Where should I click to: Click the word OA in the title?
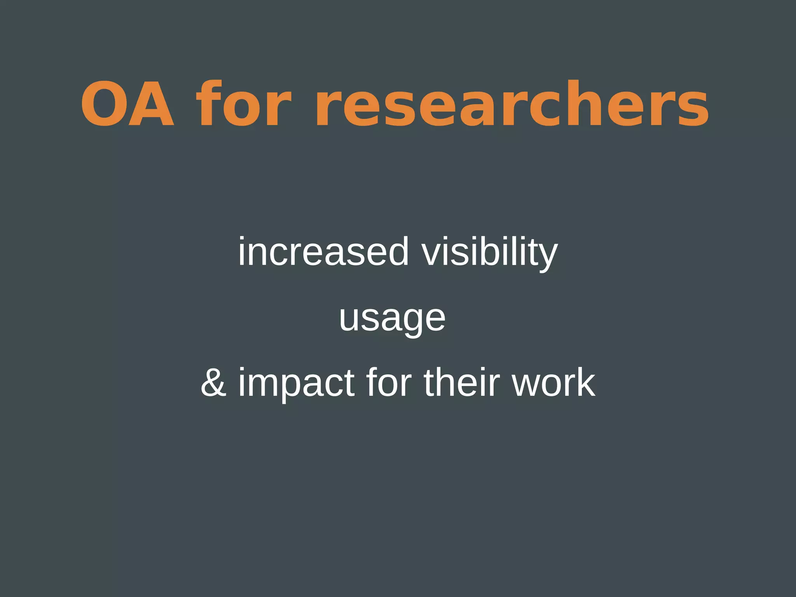[127, 104]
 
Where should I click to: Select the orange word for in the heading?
[244, 104]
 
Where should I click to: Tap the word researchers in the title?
[512, 104]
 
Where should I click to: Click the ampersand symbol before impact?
[214, 383]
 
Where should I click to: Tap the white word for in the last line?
[389, 383]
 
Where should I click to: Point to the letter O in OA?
[104, 104]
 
